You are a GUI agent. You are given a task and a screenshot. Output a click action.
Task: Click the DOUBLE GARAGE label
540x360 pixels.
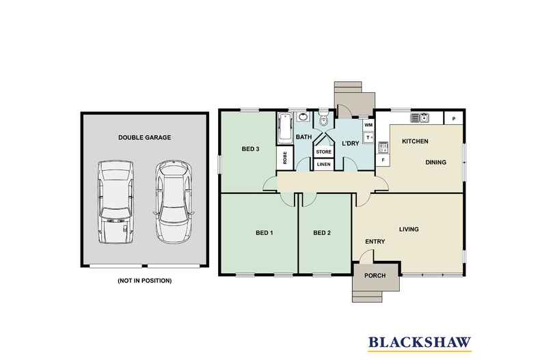click(144, 137)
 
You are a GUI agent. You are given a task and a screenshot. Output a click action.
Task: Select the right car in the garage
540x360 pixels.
click(172, 202)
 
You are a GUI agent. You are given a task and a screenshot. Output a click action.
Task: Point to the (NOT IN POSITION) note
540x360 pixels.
click(144, 281)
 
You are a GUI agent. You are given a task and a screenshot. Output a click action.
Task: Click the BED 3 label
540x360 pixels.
click(251, 149)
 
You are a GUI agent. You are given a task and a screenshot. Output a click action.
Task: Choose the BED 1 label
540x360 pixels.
click(264, 233)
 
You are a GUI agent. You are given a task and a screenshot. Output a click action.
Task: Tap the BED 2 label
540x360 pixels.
click(322, 233)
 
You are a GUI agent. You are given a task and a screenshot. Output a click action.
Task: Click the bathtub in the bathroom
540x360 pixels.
click(284, 128)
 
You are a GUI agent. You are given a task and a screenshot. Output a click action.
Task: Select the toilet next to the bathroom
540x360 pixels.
click(323, 120)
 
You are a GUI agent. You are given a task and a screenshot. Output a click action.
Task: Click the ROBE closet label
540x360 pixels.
click(284, 158)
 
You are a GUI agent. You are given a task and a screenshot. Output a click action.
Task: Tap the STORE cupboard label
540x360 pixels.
click(323, 152)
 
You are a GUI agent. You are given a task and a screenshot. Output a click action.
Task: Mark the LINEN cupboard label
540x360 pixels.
click(323, 165)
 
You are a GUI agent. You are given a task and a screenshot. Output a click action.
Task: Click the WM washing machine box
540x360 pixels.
click(368, 126)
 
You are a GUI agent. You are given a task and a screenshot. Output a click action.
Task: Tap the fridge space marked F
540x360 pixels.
click(383, 161)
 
